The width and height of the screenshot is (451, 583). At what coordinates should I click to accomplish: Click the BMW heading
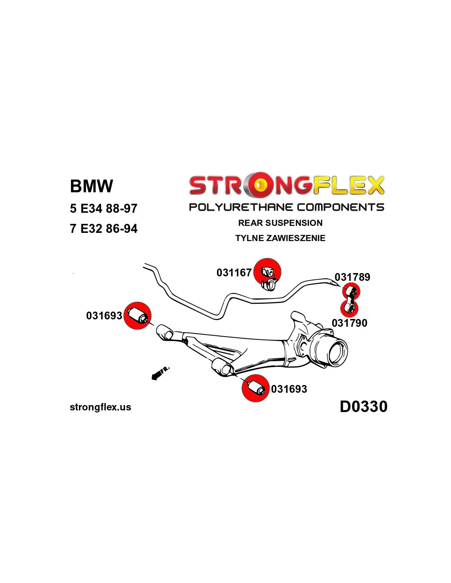point(91,186)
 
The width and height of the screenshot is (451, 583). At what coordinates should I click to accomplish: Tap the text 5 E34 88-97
point(103,209)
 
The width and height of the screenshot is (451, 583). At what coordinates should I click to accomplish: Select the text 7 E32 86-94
point(103,229)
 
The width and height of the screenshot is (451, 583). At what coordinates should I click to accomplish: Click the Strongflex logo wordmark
point(287,185)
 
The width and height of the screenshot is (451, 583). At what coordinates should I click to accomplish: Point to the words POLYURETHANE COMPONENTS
point(287,207)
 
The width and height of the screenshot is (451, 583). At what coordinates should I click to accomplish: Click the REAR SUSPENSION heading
point(280,223)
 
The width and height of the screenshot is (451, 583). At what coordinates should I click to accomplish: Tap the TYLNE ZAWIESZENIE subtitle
point(280,238)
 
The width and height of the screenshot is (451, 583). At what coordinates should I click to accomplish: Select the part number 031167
point(234,273)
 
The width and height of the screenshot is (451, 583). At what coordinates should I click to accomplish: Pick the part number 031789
point(352,277)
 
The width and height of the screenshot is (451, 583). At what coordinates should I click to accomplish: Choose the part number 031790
point(349,323)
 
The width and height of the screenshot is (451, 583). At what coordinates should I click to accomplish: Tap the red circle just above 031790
point(349,308)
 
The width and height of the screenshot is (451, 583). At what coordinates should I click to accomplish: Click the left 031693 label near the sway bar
point(104,316)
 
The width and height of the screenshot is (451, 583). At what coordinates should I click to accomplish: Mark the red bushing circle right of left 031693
point(138,316)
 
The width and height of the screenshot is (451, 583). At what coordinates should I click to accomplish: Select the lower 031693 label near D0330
point(289,389)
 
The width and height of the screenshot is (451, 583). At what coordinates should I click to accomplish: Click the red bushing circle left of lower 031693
point(255,388)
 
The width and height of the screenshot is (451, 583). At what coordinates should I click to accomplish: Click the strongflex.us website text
point(100,407)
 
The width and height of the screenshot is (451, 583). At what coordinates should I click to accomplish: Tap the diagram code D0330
point(364,407)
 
